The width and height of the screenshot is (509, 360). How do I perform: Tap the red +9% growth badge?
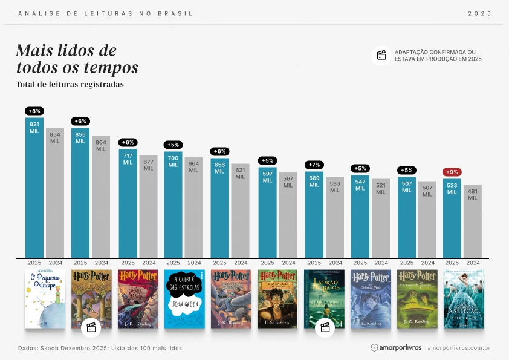pyautogui.click(x=452, y=172)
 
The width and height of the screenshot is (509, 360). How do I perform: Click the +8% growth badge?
pyautogui.click(x=34, y=111)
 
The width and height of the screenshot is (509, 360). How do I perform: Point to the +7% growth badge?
pyautogui.click(x=314, y=165)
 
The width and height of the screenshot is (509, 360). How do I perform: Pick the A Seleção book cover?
pyautogui.click(x=464, y=299)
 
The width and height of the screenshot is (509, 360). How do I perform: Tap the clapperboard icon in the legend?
pyautogui.click(x=381, y=55)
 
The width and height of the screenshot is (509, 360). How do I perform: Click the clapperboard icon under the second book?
pyautogui.click(x=91, y=327)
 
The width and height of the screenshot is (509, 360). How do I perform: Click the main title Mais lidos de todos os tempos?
pyautogui.click(x=77, y=59)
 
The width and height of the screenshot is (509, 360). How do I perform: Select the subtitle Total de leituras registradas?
pyautogui.click(x=70, y=84)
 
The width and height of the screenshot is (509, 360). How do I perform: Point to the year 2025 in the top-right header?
pyautogui.click(x=480, y=13)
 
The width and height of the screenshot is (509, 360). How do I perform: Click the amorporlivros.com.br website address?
pyautogui.click(x=458, y=348)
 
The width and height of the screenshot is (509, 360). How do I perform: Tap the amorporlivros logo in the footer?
pyautogui.click(x=396, y=348)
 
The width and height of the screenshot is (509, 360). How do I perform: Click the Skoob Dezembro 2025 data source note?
pyautogui.click(x=100, y=348)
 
